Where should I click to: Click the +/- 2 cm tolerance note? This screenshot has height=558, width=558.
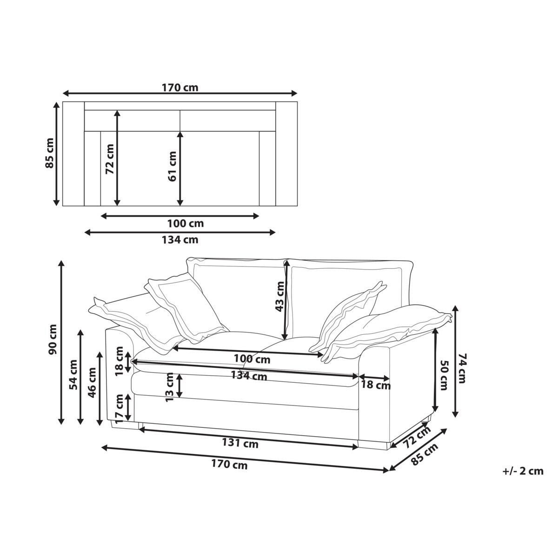(523, 471)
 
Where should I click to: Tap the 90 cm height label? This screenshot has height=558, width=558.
(53, 339)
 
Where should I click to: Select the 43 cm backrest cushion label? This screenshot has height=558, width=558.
(279, 297)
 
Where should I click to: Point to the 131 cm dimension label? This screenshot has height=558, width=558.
(240, 443)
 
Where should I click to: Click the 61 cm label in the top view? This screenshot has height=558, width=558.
(172, 166)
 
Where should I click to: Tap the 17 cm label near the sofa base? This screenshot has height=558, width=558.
(120, 409)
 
